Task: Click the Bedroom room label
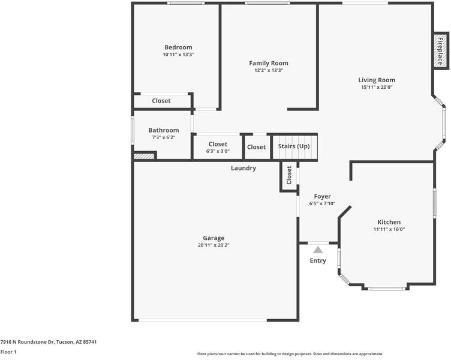(x=178, y=47)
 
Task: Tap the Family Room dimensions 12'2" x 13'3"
(x=269, y=70)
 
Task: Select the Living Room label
(x=377, y=80)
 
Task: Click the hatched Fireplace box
(x=440, y=51)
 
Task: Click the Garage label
(x=214, y=238)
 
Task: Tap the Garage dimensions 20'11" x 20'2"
(x=214, y=245)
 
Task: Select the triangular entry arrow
(x=318, y=249)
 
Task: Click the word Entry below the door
(x=318, y=260)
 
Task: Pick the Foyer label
(x=322, y=196)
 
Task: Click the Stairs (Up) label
(x=294, y=146)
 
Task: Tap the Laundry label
(x=243, y=168)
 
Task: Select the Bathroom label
(x=164, y=130)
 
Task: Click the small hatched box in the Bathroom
(x=144, y=156)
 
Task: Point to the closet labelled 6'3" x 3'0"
(x=218, y=148)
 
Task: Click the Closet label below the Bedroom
(x=161, y=101)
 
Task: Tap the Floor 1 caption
(x=8, y=352)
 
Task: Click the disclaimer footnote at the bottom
(x=290, y=354)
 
